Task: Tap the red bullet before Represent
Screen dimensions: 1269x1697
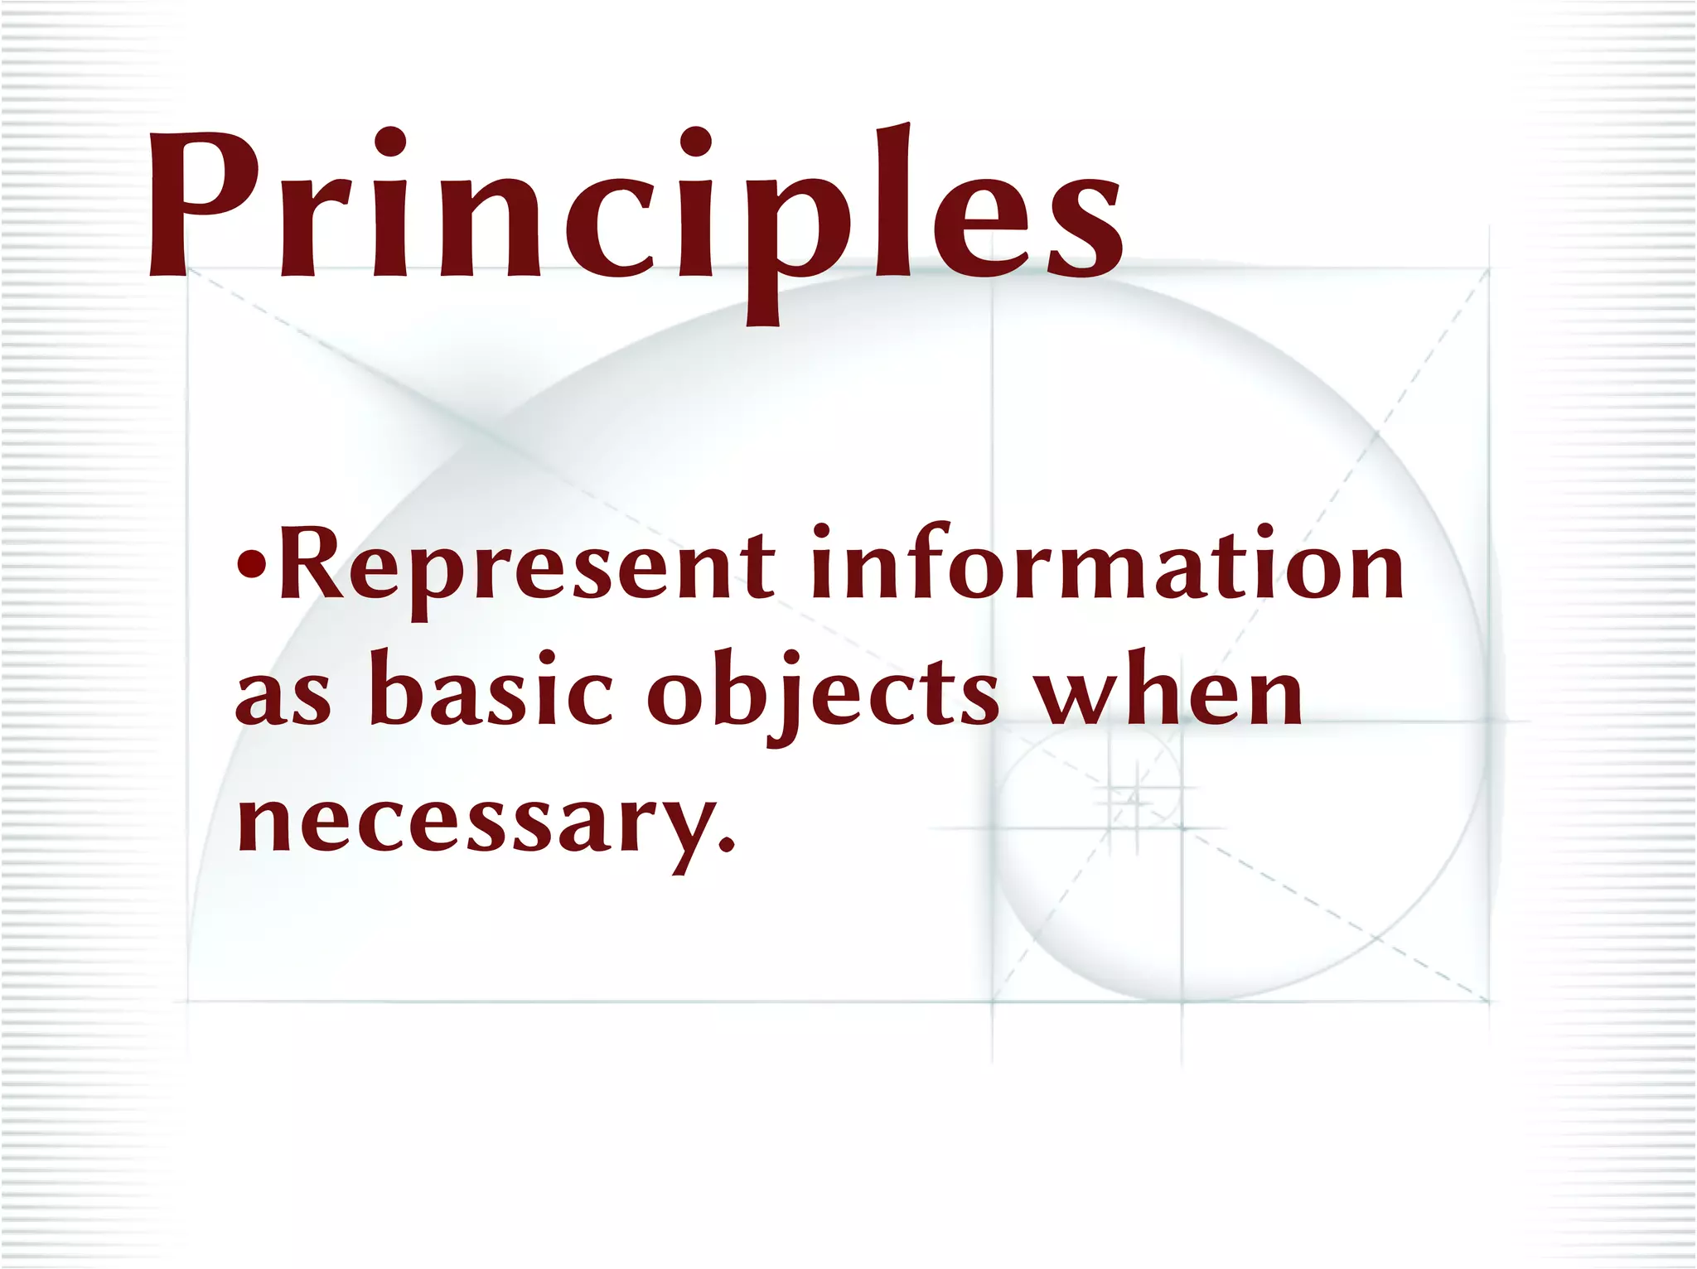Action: [x=251, y=565]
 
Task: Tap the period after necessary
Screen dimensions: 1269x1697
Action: [x=727, y=844]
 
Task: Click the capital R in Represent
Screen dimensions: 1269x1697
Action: [x=312, y=563]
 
